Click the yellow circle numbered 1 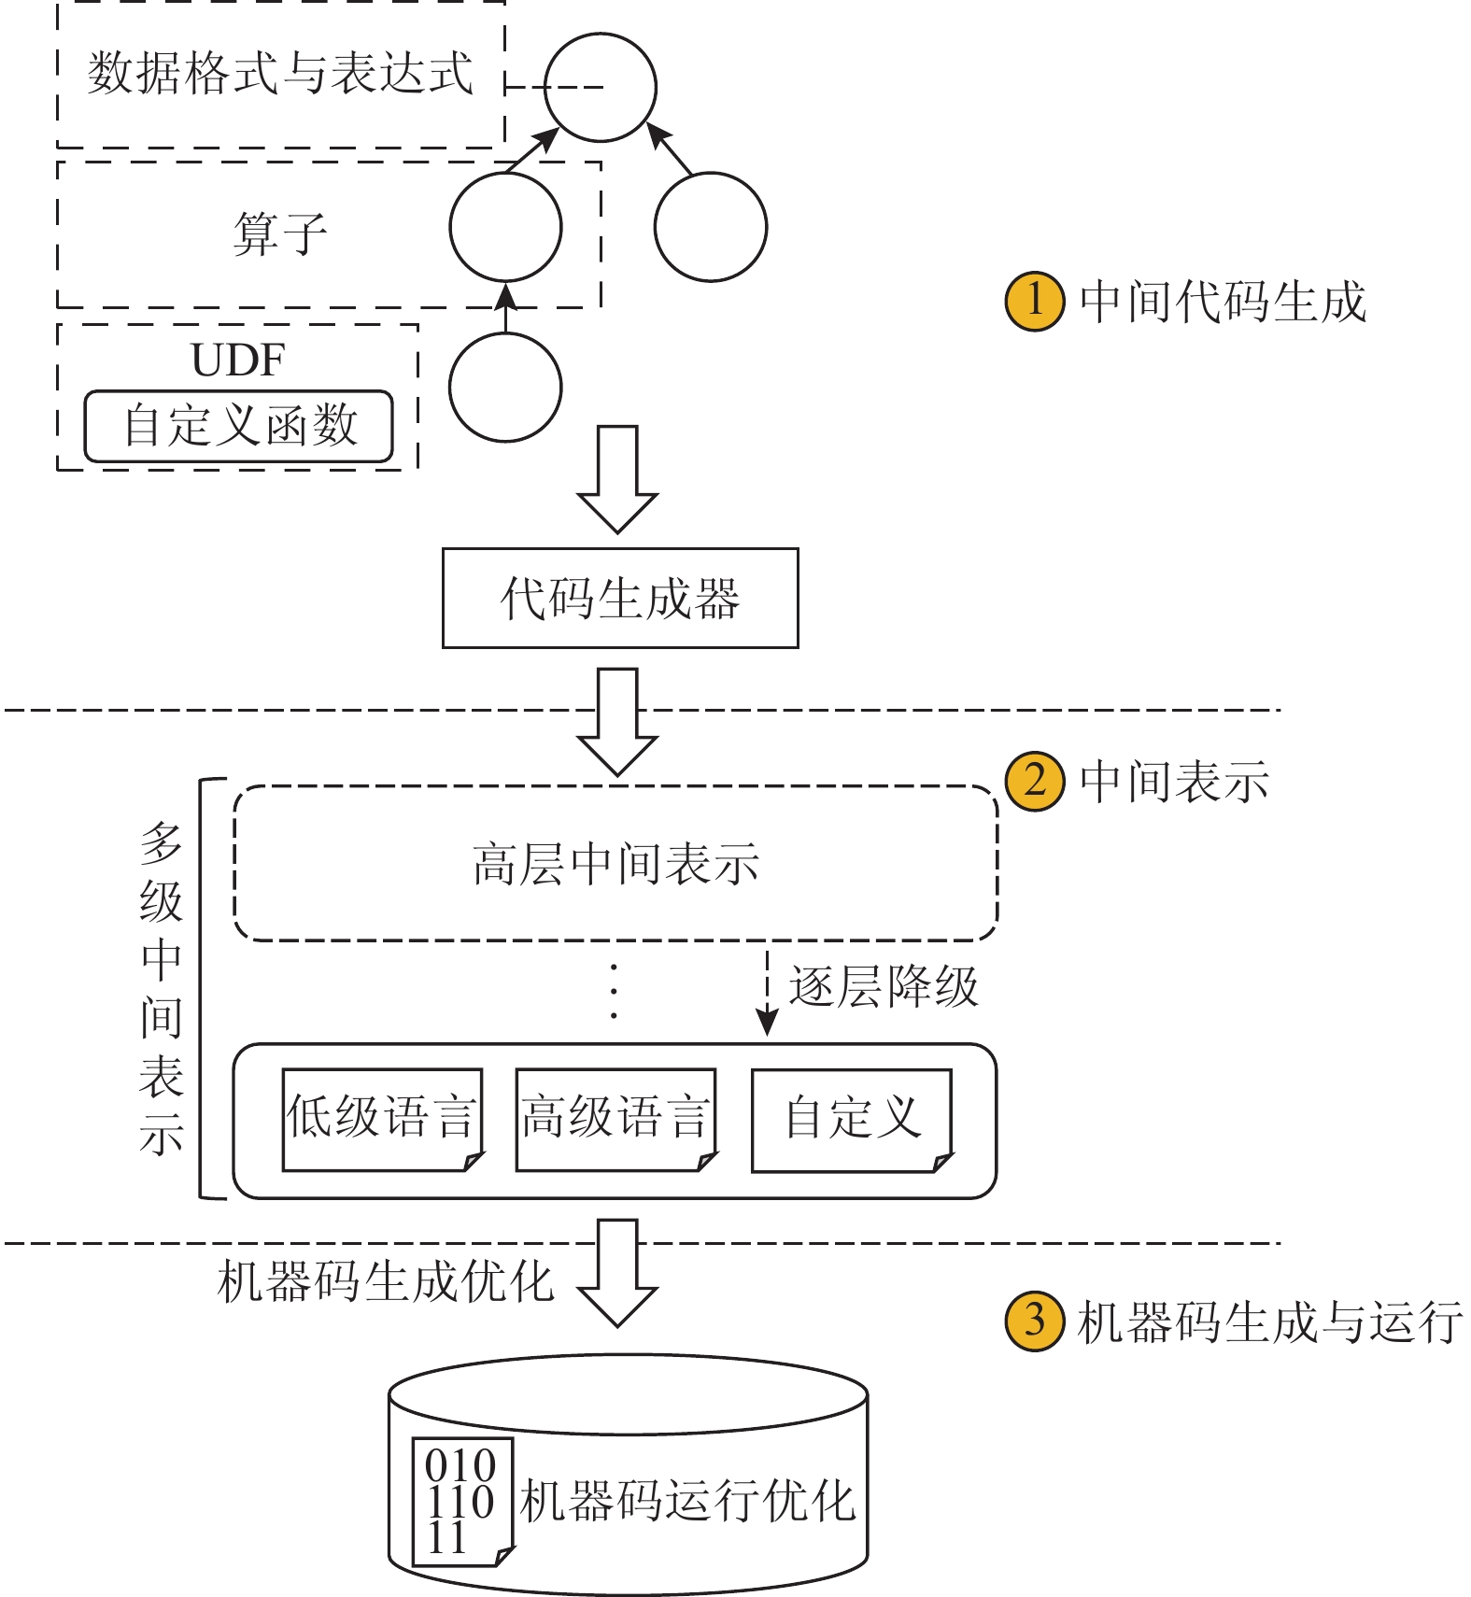tap(1034, 302)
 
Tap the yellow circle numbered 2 tap(1034, 781)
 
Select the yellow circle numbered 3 tap(1034, 1321)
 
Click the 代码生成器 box tap(620, 598)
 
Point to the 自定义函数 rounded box tap(239, 426)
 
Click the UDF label tap(237, 360)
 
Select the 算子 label tap(279, 233)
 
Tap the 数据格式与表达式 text tap(280, 73)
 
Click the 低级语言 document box tap(383, 1119)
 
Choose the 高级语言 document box tap(616, 1119)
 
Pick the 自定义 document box tap(852, 1119)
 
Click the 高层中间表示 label tap(616, 864)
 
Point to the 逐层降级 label tap(883, 986)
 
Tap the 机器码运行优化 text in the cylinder tap(687, 1502)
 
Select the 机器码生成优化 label tap(385, 1281)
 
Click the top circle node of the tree tap(601, 88)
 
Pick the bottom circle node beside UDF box tap(505, 387)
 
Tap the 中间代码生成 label tap(1223, 302)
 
